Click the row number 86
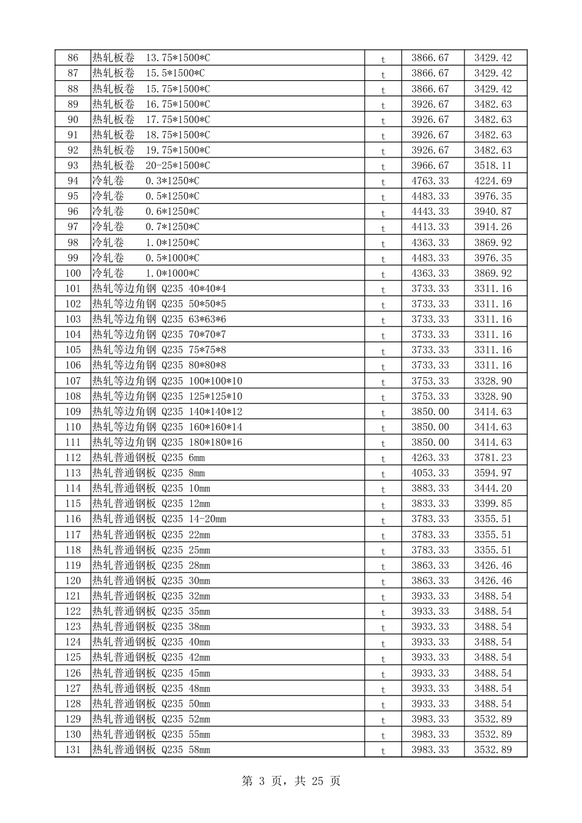[x=73, y=58]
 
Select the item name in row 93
[x=151, y=166]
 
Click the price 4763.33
[x=430, y=181]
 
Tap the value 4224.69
[x=493, y=181]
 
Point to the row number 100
[x=73, y=274]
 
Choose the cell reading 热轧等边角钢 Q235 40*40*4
[x=159, y=289]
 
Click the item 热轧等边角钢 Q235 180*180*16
[x=167, y=443]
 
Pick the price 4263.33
[x=430, y=458]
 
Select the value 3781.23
[x=493, y=458]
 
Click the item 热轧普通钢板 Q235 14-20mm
[x=159, y=519]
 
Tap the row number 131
[x=73, y=750]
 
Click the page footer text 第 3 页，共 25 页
[x=291, y=781]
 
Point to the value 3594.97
[x=493, y=473]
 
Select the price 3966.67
[x=430, y=166]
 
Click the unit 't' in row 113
[x=384, y=474]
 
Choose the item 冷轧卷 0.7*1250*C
[x=145, y=227]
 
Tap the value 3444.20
[x=493, y=489]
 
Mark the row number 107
[x=73, y=381]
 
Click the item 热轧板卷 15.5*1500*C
[x=148, y=73]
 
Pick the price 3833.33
[x=430, y=504]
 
